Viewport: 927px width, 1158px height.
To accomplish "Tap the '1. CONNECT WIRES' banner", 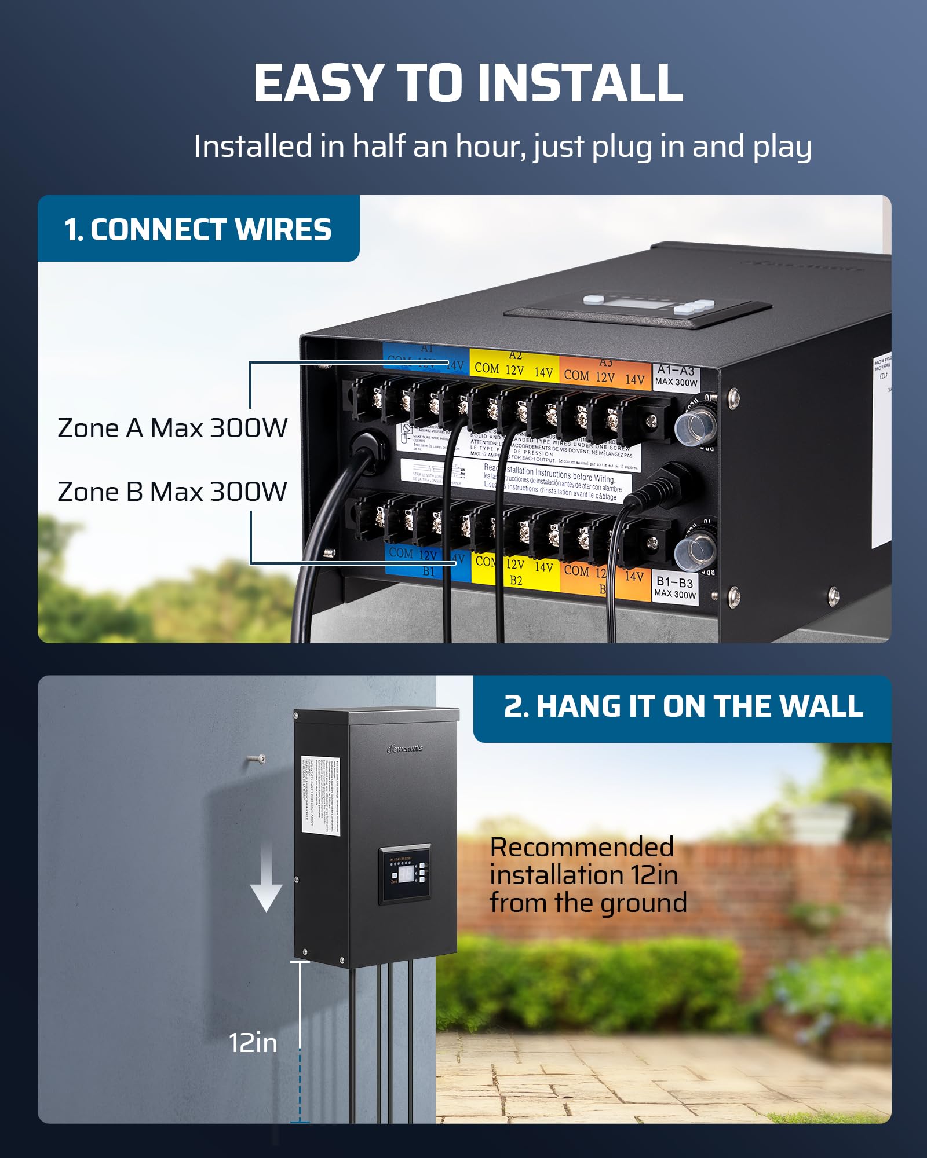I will point(198,229).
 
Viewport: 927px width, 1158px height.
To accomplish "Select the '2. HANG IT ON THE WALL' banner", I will point(683,707).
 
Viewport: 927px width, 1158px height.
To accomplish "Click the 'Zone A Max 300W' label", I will point(172,428).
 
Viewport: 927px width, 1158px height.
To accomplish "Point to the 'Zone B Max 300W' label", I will point(172,492).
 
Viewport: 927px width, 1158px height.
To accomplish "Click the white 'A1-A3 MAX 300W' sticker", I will point(676,376).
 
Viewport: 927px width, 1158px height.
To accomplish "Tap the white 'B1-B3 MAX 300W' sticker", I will point(675,587).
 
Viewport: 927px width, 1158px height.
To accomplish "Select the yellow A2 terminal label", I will point(513,365).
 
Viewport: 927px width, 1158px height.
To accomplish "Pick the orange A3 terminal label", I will point(604,372).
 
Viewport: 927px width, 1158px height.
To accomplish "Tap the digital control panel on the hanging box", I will point(405,873).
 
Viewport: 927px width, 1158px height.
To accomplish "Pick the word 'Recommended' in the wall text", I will point(582,847).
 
